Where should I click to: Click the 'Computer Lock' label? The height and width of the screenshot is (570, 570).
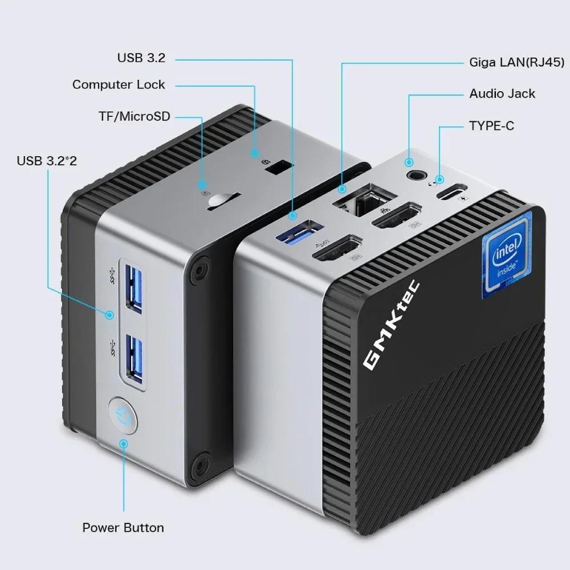point(118,85)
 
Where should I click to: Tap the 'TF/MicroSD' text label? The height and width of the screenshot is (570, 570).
point(134,116)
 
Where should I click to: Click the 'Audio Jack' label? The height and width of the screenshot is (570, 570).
point(502,93)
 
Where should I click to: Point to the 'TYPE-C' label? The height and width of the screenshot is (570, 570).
point(491,125)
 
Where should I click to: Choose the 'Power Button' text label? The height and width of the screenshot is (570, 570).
point(123,527)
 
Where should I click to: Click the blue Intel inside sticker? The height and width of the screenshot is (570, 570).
point(506,255)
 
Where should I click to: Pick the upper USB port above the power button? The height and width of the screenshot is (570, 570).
point(132,288)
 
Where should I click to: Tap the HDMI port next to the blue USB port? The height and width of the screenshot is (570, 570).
point(337,251)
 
